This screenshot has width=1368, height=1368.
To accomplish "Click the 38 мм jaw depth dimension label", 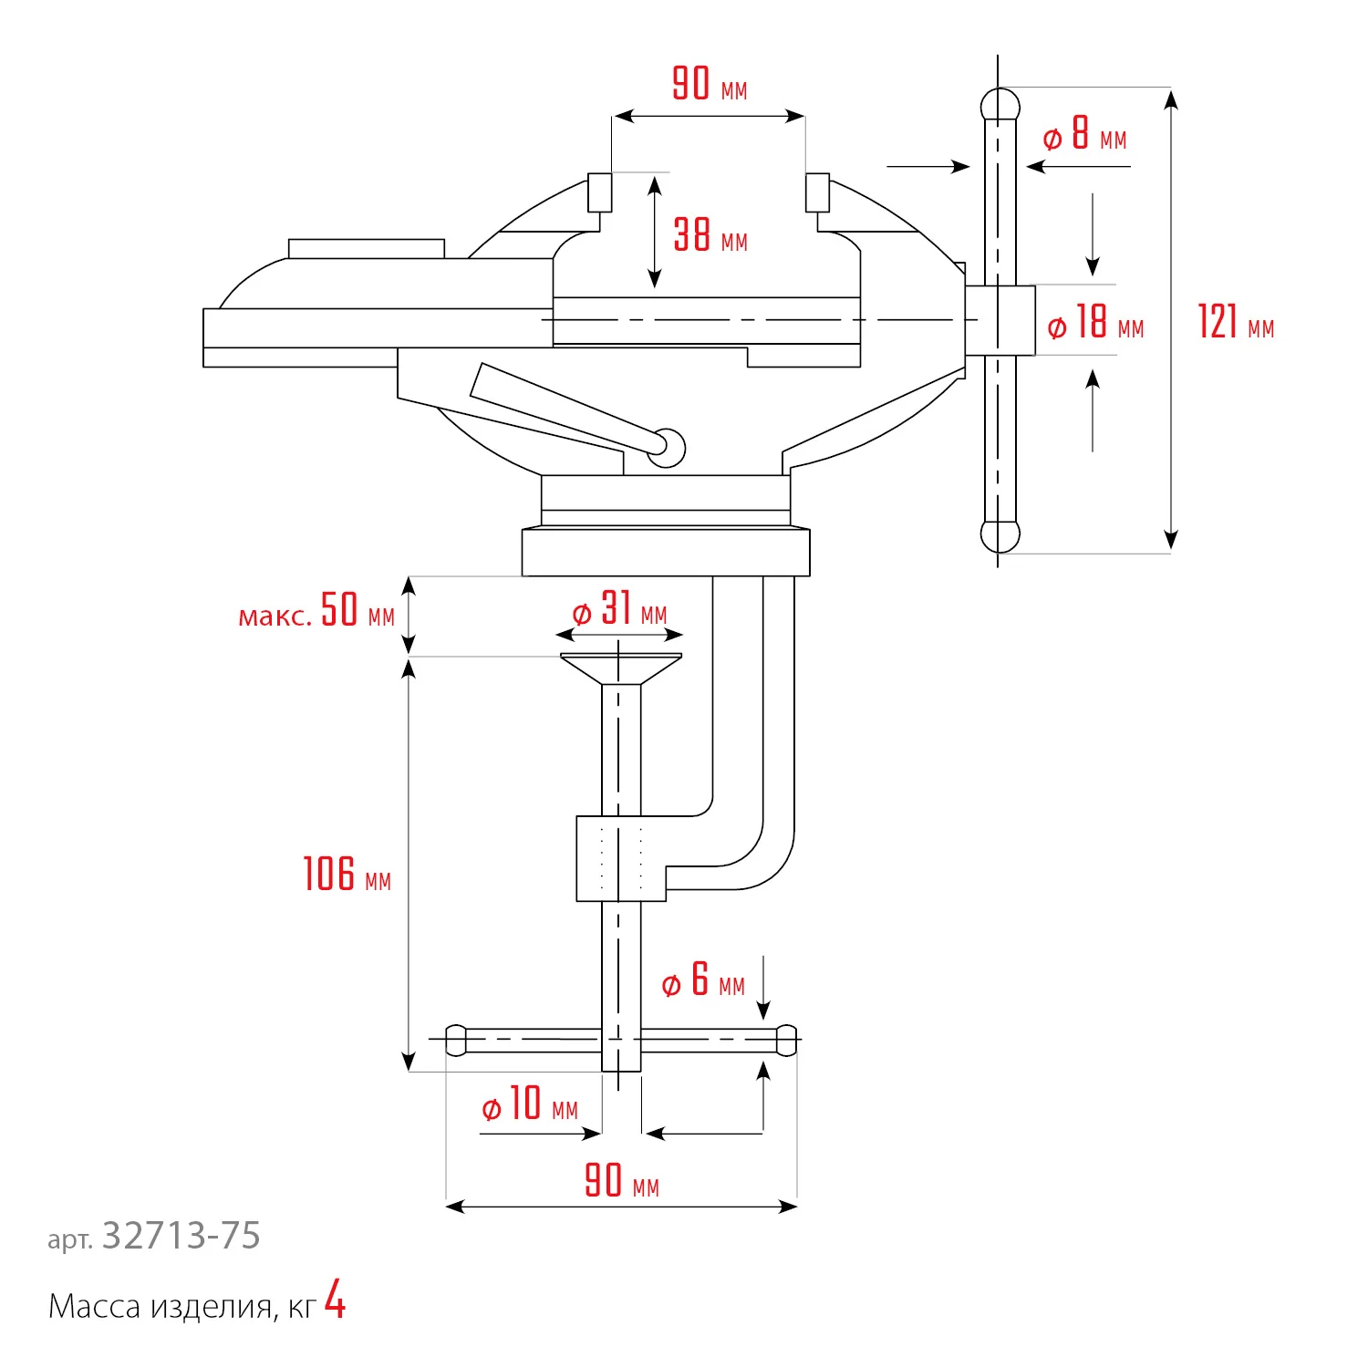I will (710, 235).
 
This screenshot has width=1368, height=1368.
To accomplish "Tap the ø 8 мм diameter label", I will (1085, 135).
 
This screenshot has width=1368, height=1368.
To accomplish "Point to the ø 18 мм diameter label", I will (1095, 323).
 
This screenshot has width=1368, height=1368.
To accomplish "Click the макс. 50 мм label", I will (316, 611).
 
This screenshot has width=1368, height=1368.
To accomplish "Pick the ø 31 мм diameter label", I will (620, 609).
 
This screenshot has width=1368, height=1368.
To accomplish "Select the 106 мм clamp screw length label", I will (347, 875).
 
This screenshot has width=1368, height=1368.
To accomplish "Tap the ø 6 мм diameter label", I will (703, 980).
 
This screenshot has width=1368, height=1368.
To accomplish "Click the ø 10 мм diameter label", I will (530, 1104).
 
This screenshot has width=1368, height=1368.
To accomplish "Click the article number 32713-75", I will (181, 1236).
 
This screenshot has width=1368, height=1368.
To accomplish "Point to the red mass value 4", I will (336, 1301).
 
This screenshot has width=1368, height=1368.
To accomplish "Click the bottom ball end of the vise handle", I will (1000, 536).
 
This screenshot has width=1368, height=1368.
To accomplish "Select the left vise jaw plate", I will (599, 192).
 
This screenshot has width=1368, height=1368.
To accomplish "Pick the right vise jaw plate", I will (817, 192).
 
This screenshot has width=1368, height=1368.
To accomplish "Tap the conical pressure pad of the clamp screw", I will (620, 668).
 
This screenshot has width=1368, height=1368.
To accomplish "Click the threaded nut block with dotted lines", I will (620, 858).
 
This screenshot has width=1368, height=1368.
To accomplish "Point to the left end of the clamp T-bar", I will (456, 1041).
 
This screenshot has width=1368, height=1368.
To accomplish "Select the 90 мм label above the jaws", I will (710, 84).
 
